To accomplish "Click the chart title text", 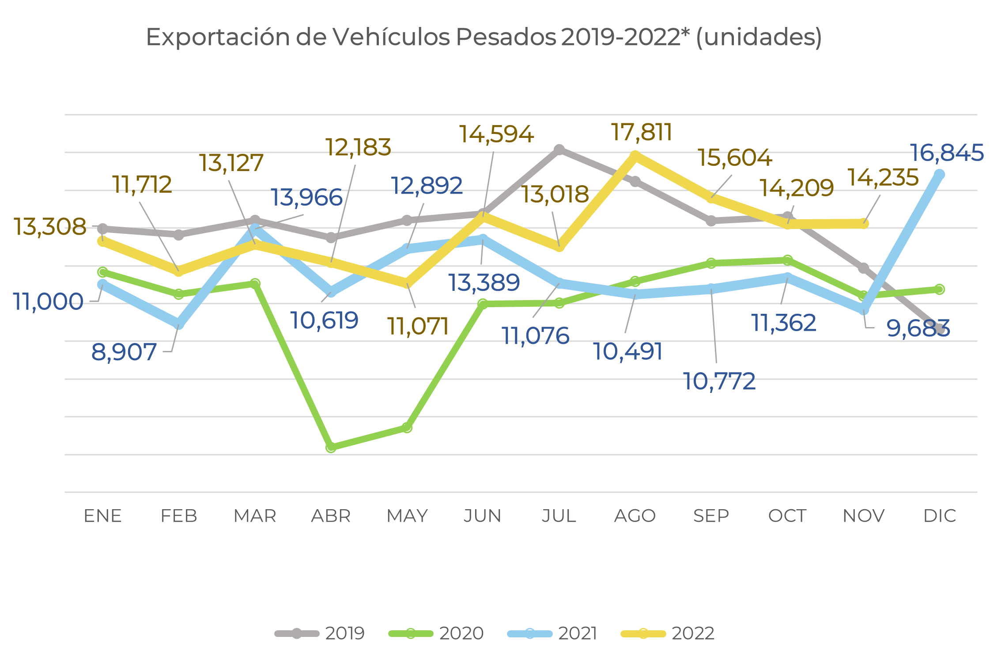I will (x=484, y=37).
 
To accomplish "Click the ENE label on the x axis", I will (x=103, y=516).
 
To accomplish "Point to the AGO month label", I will (x=635, y=516).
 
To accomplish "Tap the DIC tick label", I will (x=940, y=516).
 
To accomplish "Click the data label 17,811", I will (x=642, y=132).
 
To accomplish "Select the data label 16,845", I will (x=947, y=153).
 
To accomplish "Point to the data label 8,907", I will (x=124, y=352).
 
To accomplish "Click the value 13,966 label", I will (x=306, y=197).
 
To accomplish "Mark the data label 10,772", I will (x=719, y=381).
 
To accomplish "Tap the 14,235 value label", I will (x=883, y=178).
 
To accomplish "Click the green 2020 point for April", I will (x=331, y=447).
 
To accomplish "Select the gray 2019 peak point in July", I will (x=559, y=150).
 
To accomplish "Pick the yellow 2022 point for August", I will (x=635, y=156).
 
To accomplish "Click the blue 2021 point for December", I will (x=940, y=175).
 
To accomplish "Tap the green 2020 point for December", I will (x=940, y=290).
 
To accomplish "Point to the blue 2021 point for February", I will (x=178, y=324).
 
